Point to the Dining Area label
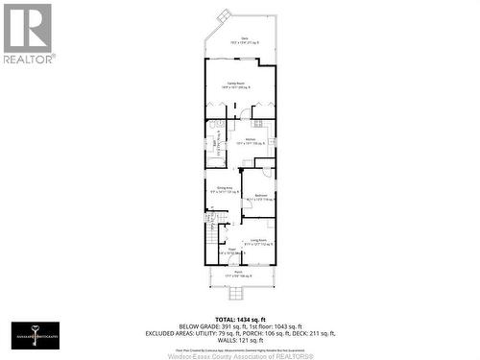click(x=225, y=189)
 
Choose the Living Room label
click(x=259, y=242)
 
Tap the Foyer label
click(x=231, y=252)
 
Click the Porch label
click(x=238, y=276)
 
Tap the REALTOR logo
click(x=27, y=34)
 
